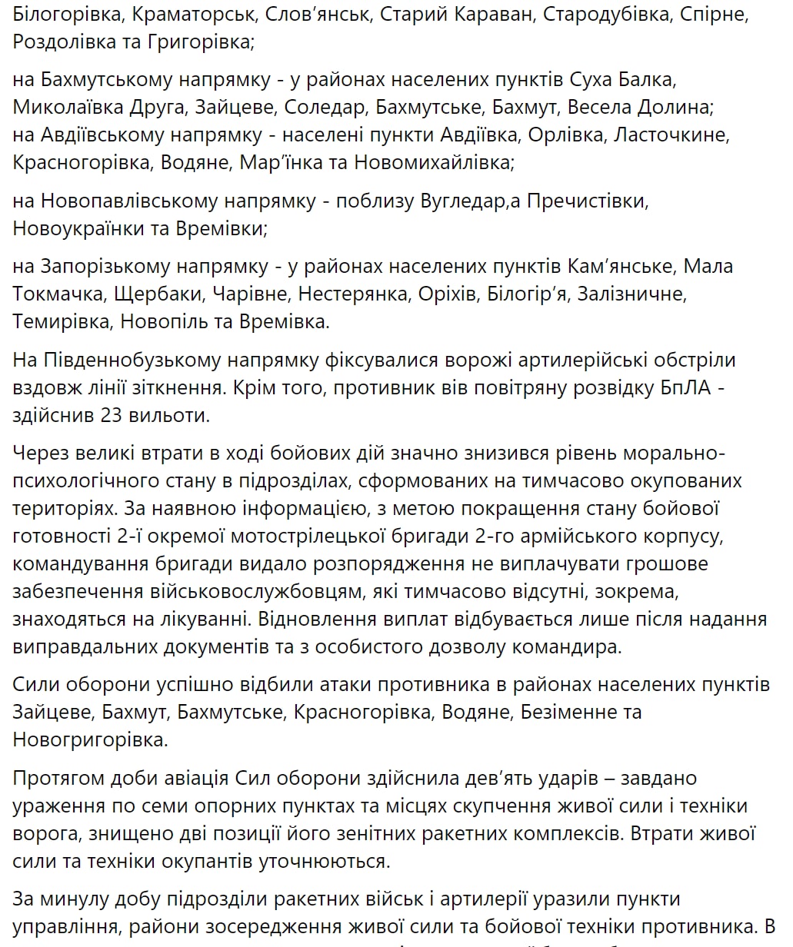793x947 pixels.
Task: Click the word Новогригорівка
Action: pos(89,740)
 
